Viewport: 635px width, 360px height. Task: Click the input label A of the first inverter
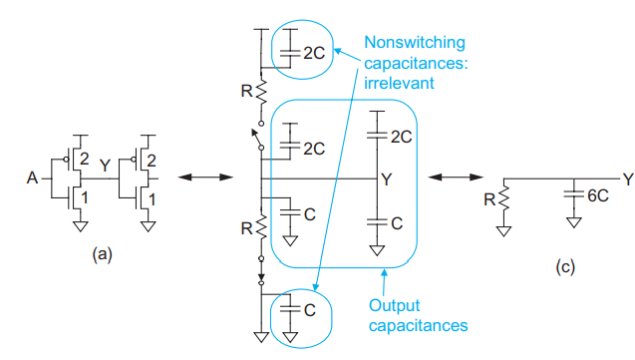pos(33,180)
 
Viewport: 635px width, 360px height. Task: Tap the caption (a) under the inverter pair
pos(101,255)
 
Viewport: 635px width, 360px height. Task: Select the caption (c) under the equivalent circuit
pos(563,268)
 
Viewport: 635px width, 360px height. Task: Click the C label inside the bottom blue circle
pos(308,310)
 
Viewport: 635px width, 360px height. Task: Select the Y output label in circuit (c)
pos(627,179)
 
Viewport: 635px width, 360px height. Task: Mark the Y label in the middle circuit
pos(385,180)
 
